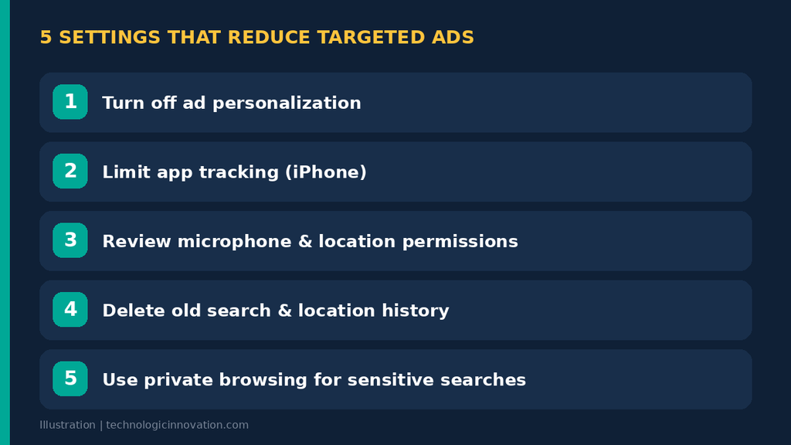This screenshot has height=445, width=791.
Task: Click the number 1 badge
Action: point(70,102)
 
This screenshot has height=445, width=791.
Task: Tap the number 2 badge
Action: point(70,171)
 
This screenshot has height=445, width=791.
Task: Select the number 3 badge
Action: point(70,240)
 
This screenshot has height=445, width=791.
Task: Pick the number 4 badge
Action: point(70,309)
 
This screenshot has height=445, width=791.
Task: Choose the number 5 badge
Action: point(70,379)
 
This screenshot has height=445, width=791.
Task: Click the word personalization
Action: point(287,104)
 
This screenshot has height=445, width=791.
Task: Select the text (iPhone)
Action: point(326,172)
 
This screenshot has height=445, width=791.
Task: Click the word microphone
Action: point(235,242)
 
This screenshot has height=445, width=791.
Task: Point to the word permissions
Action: point(460,242)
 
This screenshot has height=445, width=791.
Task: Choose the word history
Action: point(415,311)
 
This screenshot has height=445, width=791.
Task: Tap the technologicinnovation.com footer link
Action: point(177,425)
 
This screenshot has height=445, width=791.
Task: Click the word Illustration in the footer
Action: point(68,425)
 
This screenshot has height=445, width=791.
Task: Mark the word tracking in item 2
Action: point(239,172)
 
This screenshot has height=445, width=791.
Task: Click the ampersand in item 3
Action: point(305,241)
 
